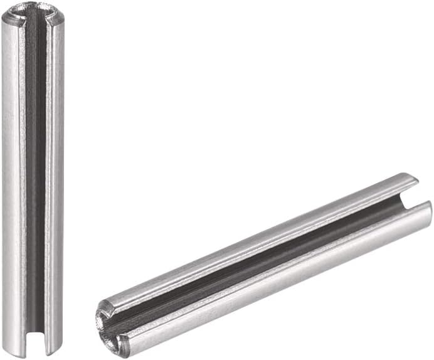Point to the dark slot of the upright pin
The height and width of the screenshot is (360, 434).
point(36,176)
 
